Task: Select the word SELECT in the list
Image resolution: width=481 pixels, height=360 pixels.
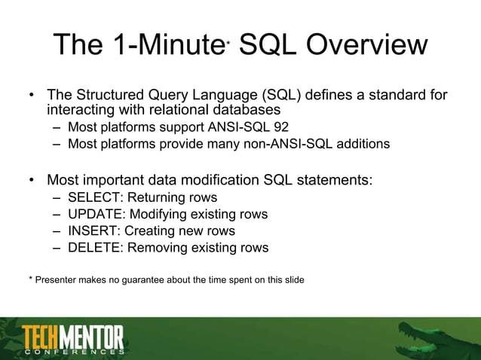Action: (93, 198)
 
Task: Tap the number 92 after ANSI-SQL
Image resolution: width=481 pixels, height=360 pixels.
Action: (279, 127)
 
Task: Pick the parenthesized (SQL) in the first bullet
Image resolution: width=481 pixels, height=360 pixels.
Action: (282, 96)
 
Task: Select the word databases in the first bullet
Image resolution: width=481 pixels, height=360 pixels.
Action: (234, 111)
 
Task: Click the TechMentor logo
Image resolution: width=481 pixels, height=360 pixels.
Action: (73, 338)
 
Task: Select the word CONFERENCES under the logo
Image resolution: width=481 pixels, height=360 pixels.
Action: (73, 352)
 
